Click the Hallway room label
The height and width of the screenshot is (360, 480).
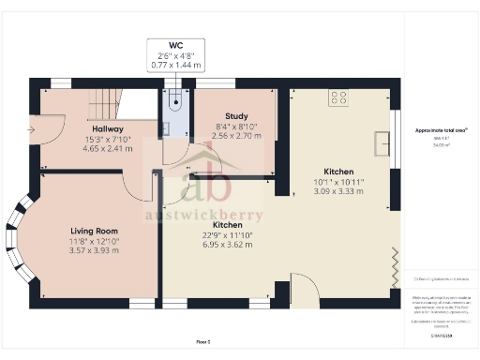point(109,129)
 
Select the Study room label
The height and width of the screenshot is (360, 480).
point(235,117)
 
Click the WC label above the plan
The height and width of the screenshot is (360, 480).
point(176,45)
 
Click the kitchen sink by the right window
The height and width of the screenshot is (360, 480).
point(383,142)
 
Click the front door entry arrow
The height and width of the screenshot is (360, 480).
point(33,129)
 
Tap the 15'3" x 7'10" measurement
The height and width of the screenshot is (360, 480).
point(109,140)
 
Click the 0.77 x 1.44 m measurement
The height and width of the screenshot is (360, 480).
point(176,67)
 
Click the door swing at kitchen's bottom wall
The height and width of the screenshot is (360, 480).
point(303,286)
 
